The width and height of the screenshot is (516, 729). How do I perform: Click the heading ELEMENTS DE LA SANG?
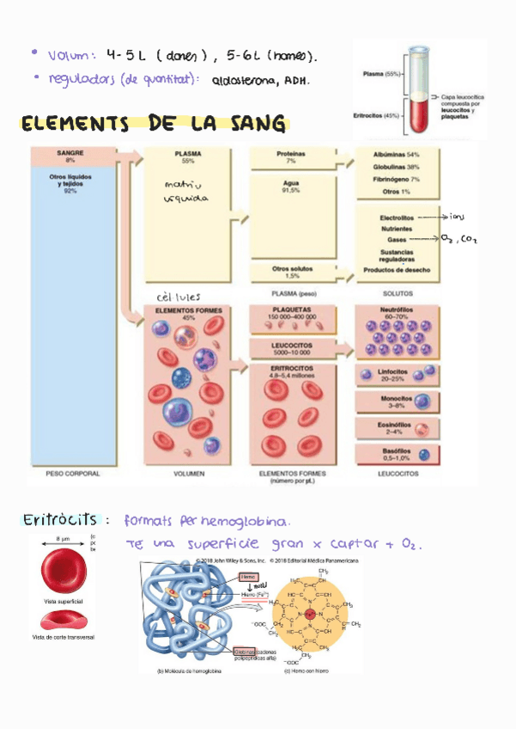[153, 126]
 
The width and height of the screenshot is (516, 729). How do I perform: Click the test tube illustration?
[418, 89]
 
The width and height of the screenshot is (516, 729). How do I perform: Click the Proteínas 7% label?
[291, 156]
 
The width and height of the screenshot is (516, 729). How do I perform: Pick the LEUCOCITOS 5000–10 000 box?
[292, 348]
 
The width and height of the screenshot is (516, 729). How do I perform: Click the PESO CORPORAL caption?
[72, 474]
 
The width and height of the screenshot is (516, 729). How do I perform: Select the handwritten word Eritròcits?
[59, 520]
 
